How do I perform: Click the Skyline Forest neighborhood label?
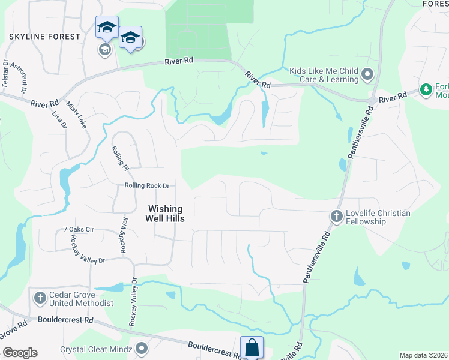[44, 37]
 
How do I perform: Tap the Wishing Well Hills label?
[166, 214]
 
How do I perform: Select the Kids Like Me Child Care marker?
[367, 75]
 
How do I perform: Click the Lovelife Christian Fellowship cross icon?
[336, 215]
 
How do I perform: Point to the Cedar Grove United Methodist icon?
[40, 298]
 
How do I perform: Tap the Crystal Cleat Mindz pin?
[142, 348]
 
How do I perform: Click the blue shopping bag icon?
[252, 347]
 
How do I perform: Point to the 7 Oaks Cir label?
[79, 230]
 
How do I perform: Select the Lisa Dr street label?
[59, 119]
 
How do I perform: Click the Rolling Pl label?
[118, 157]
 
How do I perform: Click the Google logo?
[20, 353]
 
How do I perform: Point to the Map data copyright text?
[423, 355]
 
